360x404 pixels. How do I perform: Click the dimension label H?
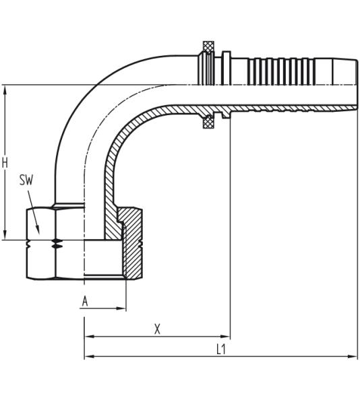(x=5, y=162)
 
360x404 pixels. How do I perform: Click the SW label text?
(x=26, y=180)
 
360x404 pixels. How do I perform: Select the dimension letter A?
(x=85, y=301)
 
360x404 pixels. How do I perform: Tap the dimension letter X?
(x=157, y=329)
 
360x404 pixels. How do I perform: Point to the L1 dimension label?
(x=220, y=349)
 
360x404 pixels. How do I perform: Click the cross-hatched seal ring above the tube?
(x=209, y=47)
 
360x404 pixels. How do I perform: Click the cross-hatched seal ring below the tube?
(x=209, y=123)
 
